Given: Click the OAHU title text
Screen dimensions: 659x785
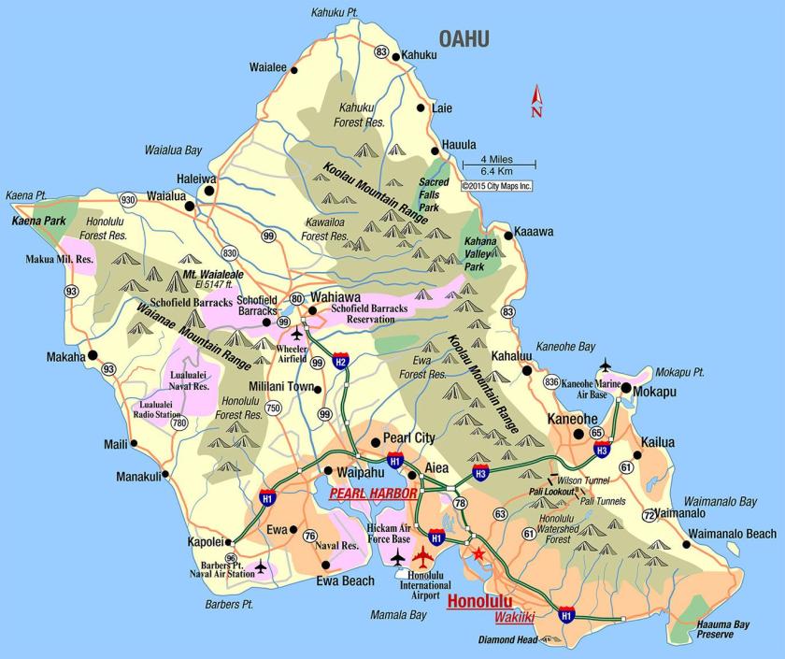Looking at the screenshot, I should (x=464, y=38).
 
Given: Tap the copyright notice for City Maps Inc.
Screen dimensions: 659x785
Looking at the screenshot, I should (x=497, y=185).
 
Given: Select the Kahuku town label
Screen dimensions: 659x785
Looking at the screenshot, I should (x=420, y=55).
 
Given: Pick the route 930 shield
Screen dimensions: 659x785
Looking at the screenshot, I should (x=128, y=199).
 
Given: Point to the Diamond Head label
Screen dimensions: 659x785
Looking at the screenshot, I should (x=507, y=640).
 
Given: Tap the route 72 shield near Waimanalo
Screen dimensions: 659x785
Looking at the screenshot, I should (x=649, y=515).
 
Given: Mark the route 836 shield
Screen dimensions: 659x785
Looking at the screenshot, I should (x=551, y=381).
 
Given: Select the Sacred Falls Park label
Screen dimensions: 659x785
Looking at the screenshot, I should (x=434, y=194).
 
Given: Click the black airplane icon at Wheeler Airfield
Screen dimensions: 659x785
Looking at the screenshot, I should (x=297, y=334).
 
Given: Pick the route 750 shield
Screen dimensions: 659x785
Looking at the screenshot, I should (x=272, y=408).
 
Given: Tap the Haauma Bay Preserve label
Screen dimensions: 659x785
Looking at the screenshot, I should (x=721, y=629).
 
